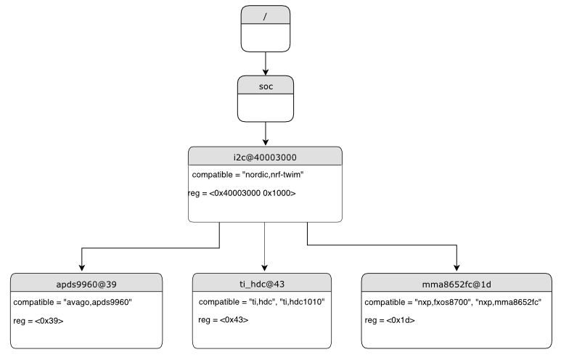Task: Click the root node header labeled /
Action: tap(265, 16)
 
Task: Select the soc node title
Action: tap(266, 86)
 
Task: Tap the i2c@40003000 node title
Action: tap(265, 157)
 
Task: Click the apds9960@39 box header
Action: tap(86, 284)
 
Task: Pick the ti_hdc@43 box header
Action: tap(262, 284)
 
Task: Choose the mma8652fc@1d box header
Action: tap(456, 284)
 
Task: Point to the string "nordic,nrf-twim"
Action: tap(273, 175)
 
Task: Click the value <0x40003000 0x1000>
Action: tap(253, 193)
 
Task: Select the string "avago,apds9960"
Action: tap(99, 302)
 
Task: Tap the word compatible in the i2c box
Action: tap(213, 175)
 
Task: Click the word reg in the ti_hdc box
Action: tap(205, 320)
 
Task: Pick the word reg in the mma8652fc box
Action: tap(372, 320)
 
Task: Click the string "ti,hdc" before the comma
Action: tap(262, 302)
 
